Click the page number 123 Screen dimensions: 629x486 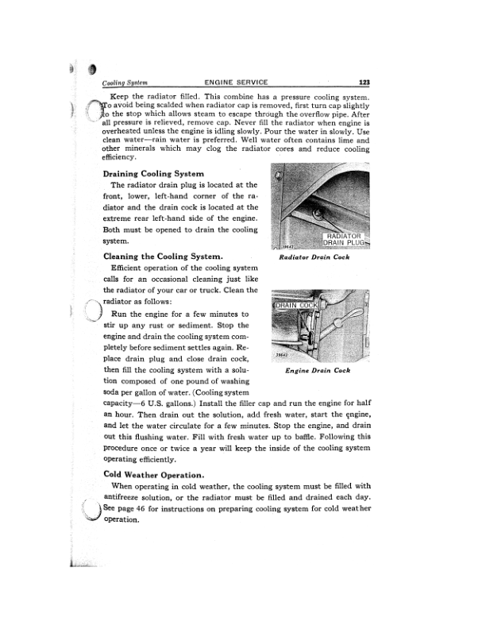(x=366, y=82)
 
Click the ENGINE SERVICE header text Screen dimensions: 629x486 (x=236, y=82)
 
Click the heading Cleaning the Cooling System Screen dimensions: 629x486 (x=162, y=257)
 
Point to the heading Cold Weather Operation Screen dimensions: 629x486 (x=155, y=474)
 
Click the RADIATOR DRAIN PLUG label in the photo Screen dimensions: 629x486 (x=342, y=239)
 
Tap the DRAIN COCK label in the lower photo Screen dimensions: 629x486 (x=295, y=305)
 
